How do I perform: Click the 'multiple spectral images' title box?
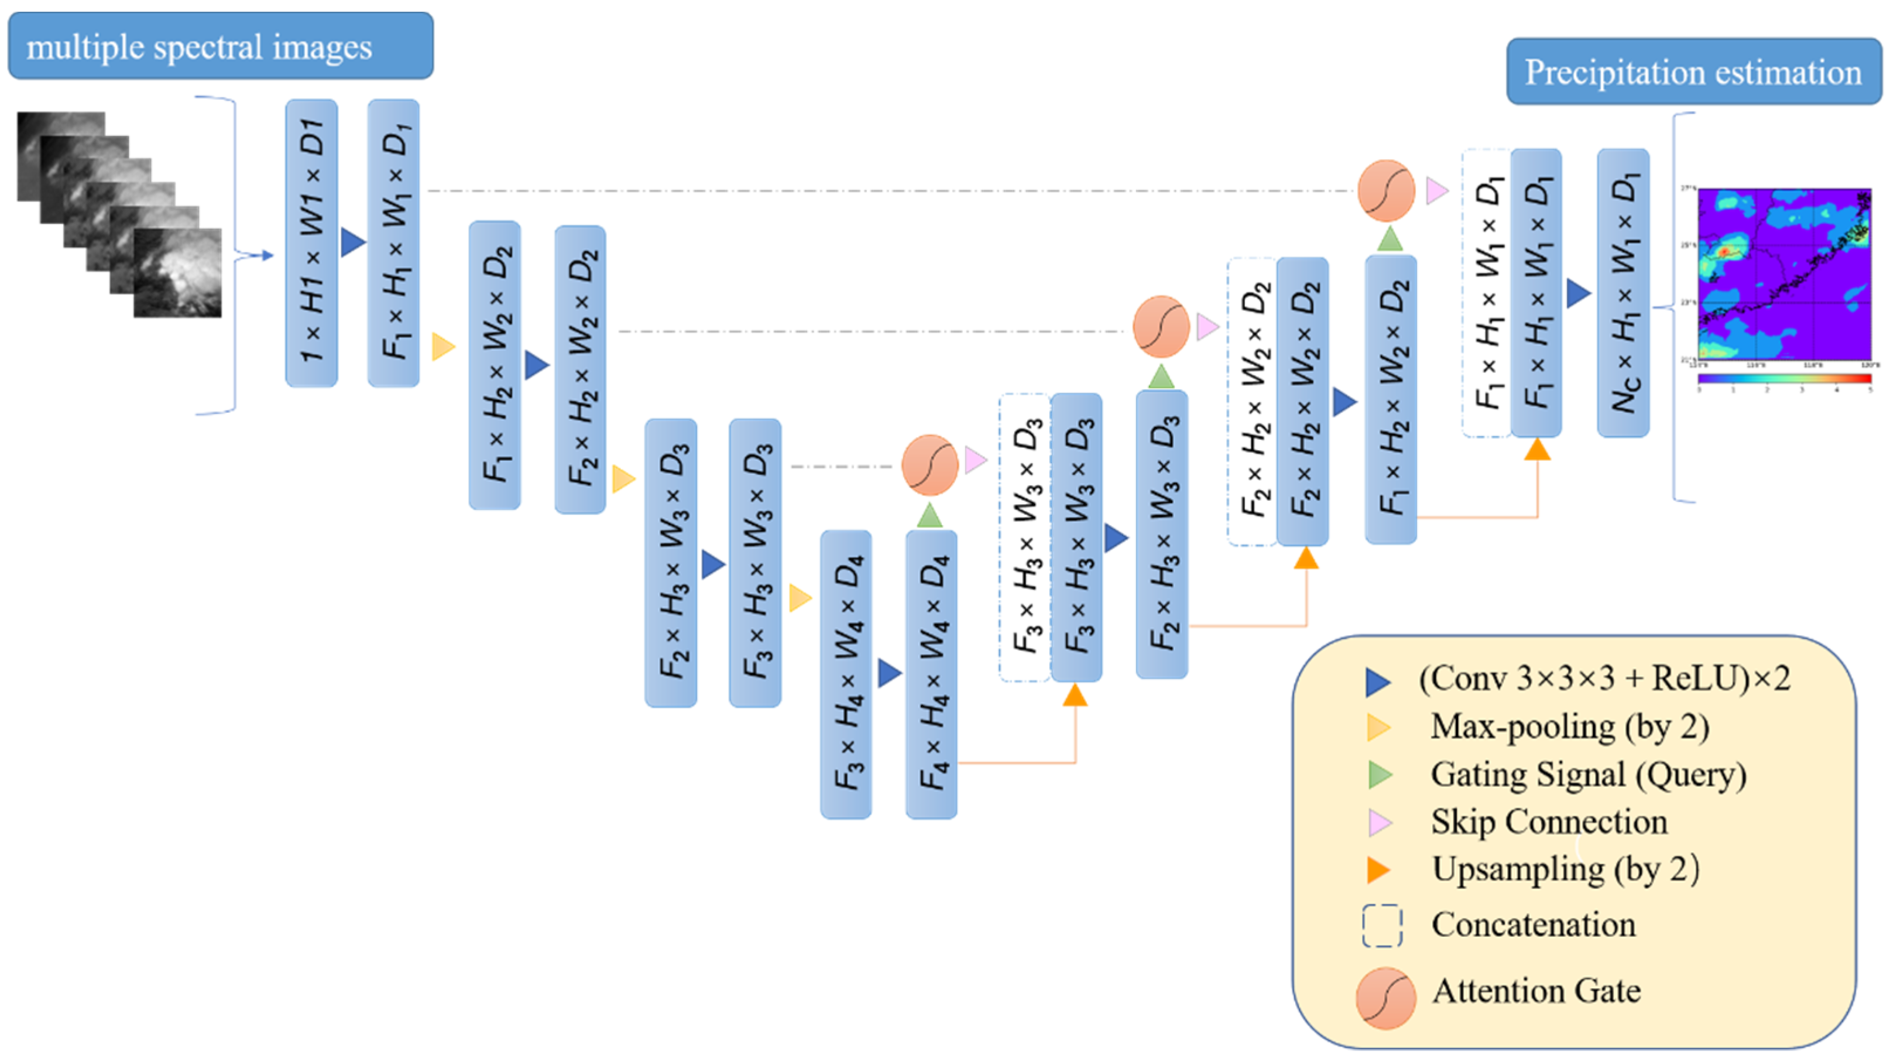(x=220, y=46)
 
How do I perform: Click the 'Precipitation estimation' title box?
(x=1693, y=72)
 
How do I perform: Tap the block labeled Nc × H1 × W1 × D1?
(x=1623, y=293)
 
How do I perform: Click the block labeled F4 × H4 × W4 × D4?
(x=931, y=673)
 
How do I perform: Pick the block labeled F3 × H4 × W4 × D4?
(x=846, y=673)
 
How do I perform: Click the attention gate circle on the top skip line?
(x=1386, y=191)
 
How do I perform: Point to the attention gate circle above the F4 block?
(x=929, y=465)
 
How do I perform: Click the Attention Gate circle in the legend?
(x=1385, y=998)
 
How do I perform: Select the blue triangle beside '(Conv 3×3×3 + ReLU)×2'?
(x=1377, y=682)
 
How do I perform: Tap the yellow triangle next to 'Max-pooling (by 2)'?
(x=1378, y=727)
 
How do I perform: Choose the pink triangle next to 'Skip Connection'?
(x=1380, y=823)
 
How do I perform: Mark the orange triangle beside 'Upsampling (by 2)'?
(x=1378, y=870)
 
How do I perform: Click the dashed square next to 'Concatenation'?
(x=1383, y=925)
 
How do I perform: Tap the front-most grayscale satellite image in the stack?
(x=177, y=273)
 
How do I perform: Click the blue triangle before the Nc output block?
(x=1578, y=293)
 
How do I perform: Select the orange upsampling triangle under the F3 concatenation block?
(x=1075, y=695)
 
